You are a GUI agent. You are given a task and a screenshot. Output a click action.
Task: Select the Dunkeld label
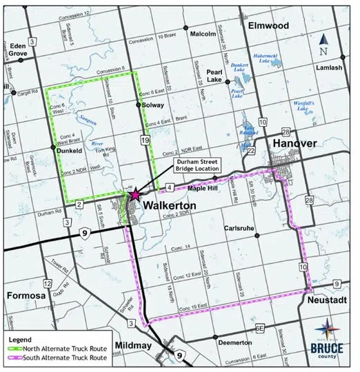70,147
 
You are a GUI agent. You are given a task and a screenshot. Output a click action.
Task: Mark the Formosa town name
26,296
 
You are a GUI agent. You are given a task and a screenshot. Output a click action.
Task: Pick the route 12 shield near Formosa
47,283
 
